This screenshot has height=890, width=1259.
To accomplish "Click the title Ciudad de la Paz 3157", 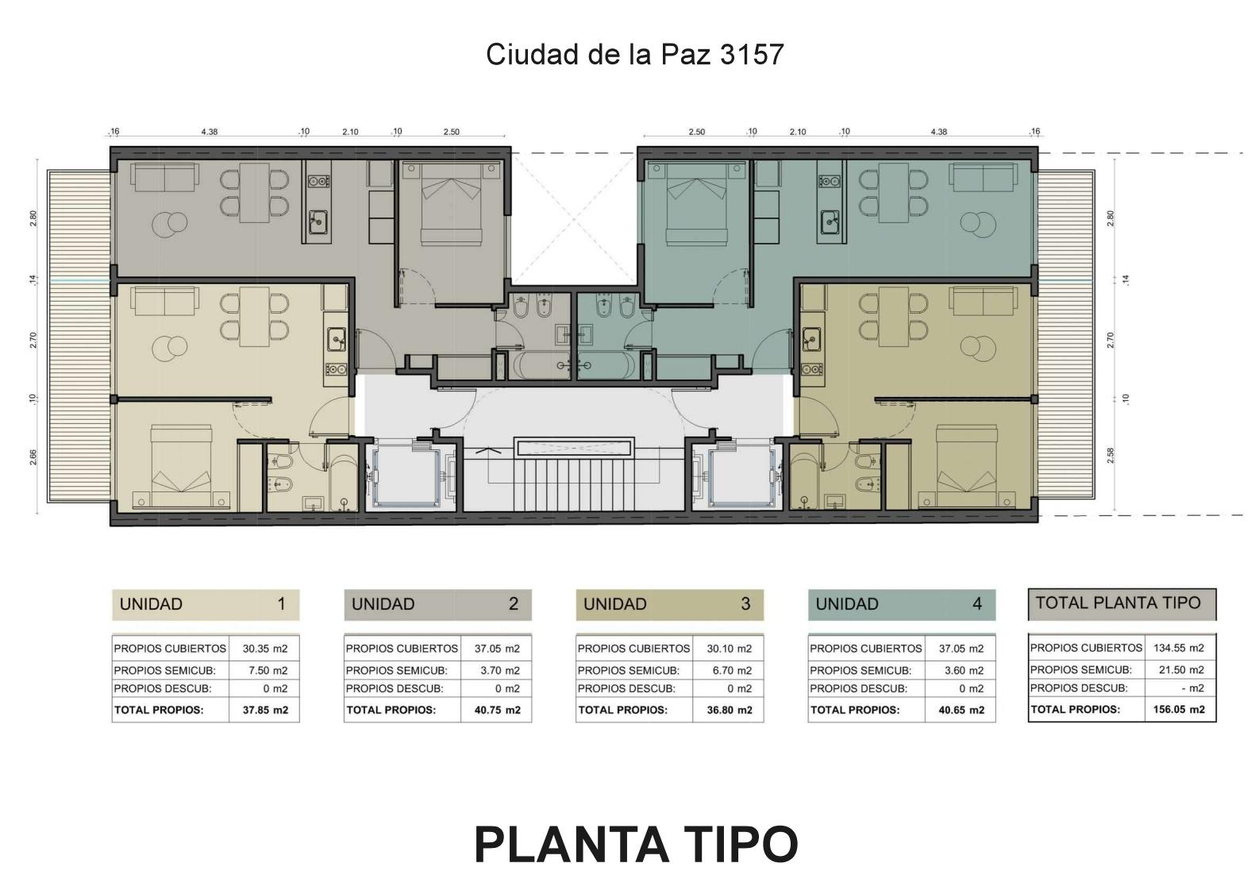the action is click(634, 55).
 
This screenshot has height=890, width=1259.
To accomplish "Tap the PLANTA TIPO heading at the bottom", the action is click(636, 844).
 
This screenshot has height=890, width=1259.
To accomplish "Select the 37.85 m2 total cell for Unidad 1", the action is click(265, 710).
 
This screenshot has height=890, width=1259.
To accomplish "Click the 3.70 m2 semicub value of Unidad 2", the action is click(497, 670).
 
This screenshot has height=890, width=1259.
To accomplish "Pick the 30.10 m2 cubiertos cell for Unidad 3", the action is click(729, 648).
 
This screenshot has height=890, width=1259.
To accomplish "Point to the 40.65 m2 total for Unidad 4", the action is click(961, 710).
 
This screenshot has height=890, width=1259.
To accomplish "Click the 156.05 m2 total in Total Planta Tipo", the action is click(1179, 710).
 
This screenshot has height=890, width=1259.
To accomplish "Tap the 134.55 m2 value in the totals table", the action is click(1179, 648).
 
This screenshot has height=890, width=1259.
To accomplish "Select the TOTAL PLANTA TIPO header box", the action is click(1122, 604).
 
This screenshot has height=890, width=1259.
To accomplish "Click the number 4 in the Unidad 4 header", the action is click(977, 604).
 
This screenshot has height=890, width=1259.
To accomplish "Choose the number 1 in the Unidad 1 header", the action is click(282, 604).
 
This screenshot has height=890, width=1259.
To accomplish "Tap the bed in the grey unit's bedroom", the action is click(452, 203).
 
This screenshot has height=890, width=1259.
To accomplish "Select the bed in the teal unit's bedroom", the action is click(696, 203).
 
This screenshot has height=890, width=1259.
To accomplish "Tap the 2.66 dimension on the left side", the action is click(33, 457).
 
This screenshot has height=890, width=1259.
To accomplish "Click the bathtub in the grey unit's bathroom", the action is click(541, 365).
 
